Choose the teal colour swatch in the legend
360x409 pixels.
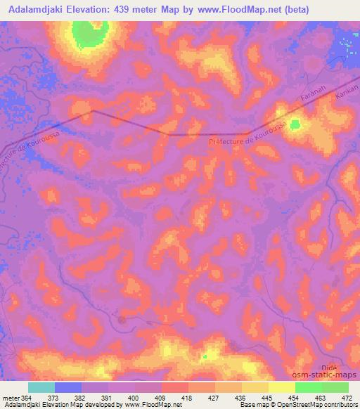pyautogui.click(x=41, y=387)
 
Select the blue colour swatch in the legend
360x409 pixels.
pyautogui.click(x=68, y=387)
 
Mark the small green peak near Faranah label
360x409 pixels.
pyautogui.click(x=295, y=124)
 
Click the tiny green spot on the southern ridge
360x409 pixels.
pyautogui.click(x=205, y=356)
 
